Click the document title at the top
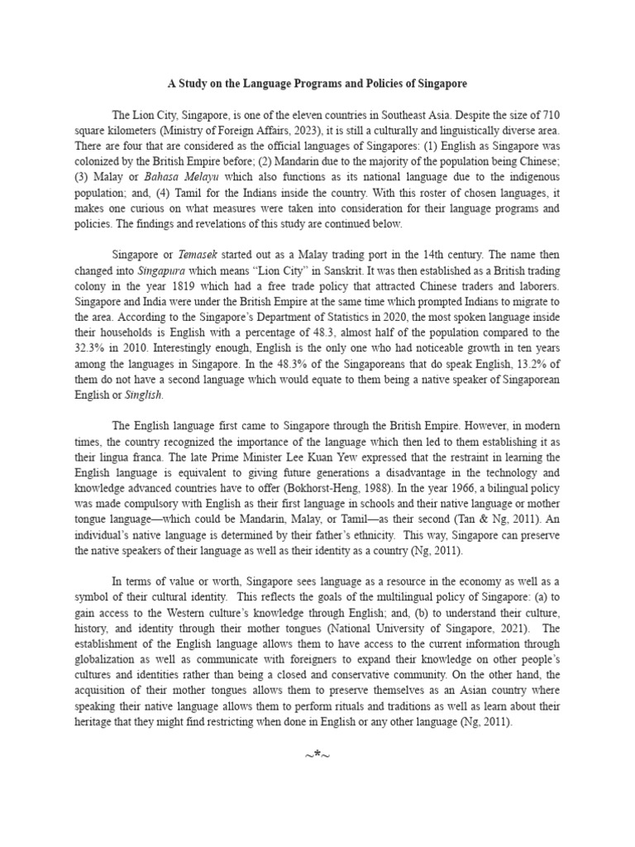pyautogui.click(x=317, y=84)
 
